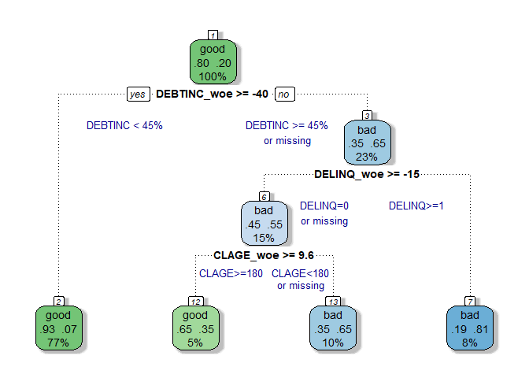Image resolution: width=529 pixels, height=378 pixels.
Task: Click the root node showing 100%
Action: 213,61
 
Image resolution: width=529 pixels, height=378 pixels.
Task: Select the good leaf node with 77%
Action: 59,328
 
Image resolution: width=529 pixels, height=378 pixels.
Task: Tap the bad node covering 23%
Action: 367,143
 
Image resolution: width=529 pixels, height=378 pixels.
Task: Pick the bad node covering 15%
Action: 264,223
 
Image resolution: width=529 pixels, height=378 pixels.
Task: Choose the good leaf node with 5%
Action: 196,328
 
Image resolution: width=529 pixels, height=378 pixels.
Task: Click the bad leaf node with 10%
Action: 333,328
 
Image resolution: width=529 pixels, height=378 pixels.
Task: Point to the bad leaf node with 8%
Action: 470,328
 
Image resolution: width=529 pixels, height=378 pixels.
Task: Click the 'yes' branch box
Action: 138,94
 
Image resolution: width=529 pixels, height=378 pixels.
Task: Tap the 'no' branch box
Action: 285,94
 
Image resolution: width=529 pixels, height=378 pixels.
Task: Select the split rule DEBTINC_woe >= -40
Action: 213,94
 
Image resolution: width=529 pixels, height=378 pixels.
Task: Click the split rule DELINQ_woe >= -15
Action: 367,174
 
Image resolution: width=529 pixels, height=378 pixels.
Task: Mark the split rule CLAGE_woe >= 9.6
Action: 264,255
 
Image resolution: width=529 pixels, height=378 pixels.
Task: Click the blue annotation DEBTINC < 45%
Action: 124,125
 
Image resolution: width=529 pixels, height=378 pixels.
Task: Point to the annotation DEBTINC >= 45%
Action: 287,125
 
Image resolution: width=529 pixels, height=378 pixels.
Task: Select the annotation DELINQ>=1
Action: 416,206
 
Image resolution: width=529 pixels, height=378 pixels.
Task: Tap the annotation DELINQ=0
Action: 324,206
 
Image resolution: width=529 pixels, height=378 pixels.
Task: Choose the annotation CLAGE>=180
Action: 231,273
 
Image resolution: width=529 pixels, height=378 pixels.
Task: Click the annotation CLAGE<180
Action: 300,273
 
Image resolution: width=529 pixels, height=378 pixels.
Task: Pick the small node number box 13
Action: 333,302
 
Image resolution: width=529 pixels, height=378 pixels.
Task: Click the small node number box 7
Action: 470,302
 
